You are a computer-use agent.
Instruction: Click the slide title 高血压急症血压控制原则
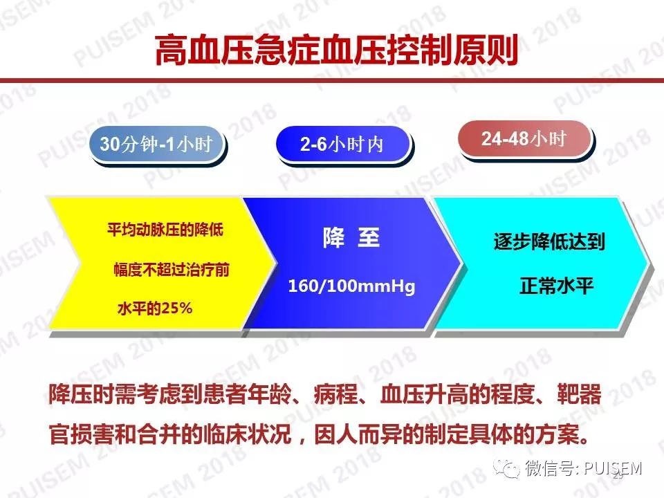tap(336, 50)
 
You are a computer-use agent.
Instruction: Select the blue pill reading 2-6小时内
tap(342, 144)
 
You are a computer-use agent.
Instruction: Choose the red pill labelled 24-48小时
tap(524, 138)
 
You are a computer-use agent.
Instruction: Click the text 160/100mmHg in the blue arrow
tap(351, 286)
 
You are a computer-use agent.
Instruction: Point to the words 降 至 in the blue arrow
tap(351, 237)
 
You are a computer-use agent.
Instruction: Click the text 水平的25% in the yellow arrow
tap(155, 308)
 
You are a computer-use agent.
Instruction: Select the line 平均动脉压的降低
tap(165, 230)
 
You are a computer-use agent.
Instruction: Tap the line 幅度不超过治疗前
tap(172, 269)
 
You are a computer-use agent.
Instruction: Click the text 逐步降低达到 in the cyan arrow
tap(549, 242)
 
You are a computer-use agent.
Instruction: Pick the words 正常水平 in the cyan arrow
tap(556, 286)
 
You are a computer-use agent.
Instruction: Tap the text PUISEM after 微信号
tap(614, 468)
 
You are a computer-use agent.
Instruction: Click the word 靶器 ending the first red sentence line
tap(579, 394)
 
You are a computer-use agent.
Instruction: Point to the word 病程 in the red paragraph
tap(336, 394)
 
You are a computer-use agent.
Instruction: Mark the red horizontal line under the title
tap(332, 81)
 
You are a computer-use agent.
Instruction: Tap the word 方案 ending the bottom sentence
tap(556, 434)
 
